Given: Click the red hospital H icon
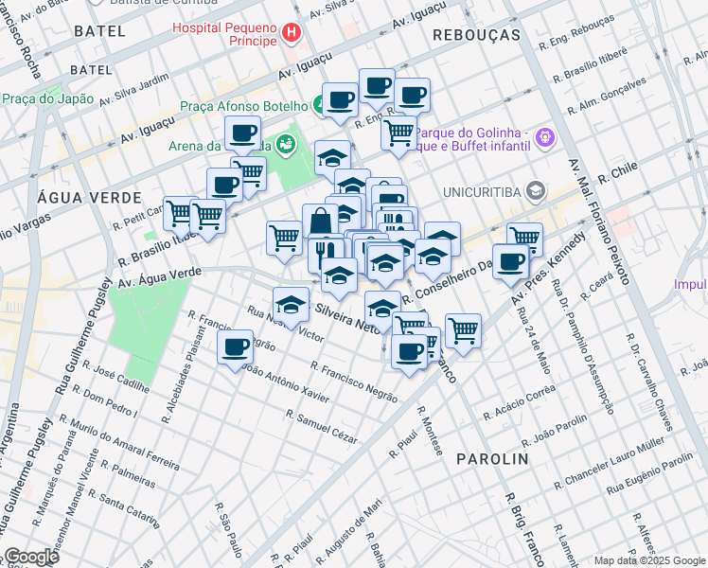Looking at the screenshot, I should [292, 34].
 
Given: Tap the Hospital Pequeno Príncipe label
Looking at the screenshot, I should [225, 34].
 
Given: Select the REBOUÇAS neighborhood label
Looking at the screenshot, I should [476, 34].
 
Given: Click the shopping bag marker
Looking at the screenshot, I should [321, 222].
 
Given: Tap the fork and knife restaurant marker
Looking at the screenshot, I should [322, 254].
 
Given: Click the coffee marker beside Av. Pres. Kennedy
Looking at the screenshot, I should [510, 261].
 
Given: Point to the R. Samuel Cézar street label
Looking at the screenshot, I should [322, 426].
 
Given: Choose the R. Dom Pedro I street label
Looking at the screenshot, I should [110, 401].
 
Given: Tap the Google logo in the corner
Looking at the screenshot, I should [31, 557].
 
